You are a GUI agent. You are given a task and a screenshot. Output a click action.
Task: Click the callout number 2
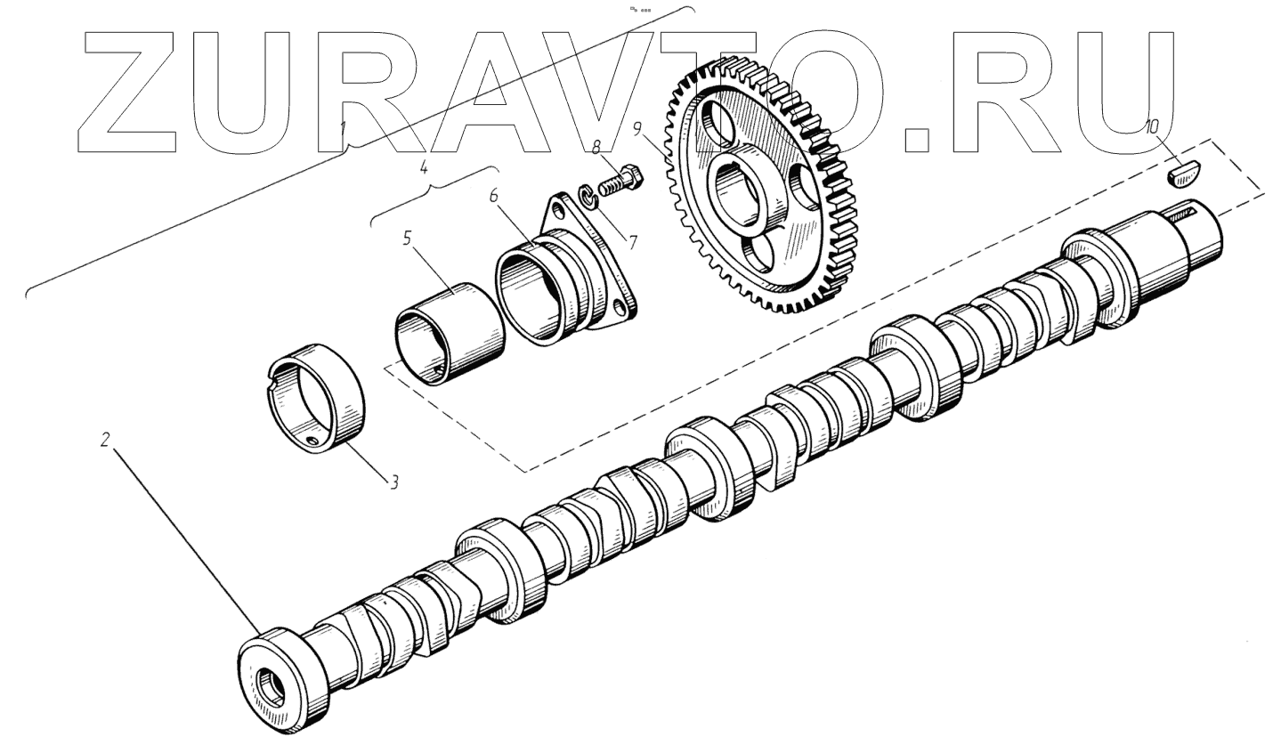(x=104, y=440)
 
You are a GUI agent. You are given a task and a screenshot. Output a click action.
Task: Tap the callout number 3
(x=394, y=482)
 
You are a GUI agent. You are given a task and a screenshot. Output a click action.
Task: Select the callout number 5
(x=407, y=238)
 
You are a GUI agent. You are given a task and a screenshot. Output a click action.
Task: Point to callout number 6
(x=493, y=196)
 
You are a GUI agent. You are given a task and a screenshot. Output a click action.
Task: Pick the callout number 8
(x=596, y=148)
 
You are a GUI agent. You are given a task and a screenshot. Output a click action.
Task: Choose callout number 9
(x=639, y=129)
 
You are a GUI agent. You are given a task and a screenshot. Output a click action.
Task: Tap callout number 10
(x=1152, y=127)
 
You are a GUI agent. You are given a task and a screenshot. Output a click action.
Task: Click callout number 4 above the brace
(x=424, y=167)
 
